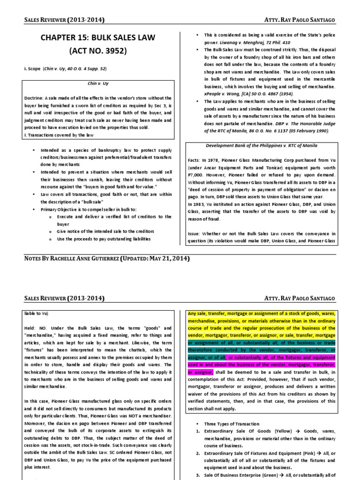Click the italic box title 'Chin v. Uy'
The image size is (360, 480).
(x=98, y=83)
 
